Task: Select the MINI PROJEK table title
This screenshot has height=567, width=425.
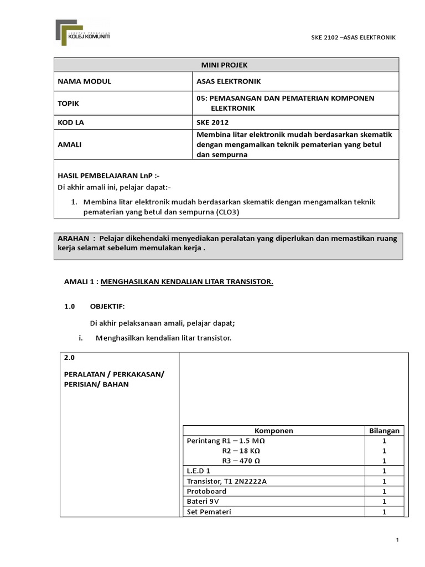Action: tap(225, 65)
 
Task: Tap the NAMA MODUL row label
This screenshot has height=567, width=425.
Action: tap(85, 81)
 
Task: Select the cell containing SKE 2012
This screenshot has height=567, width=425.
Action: tap(212, 122)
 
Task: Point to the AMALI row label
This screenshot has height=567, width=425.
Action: tap(70, 144)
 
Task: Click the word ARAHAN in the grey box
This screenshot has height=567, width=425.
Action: tap(74, 238)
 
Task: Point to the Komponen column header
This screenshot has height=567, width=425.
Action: tap(273, 430)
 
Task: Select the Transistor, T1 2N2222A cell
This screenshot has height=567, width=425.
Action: tap(227, 481)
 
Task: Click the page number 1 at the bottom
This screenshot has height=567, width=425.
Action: tap(398, 540)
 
